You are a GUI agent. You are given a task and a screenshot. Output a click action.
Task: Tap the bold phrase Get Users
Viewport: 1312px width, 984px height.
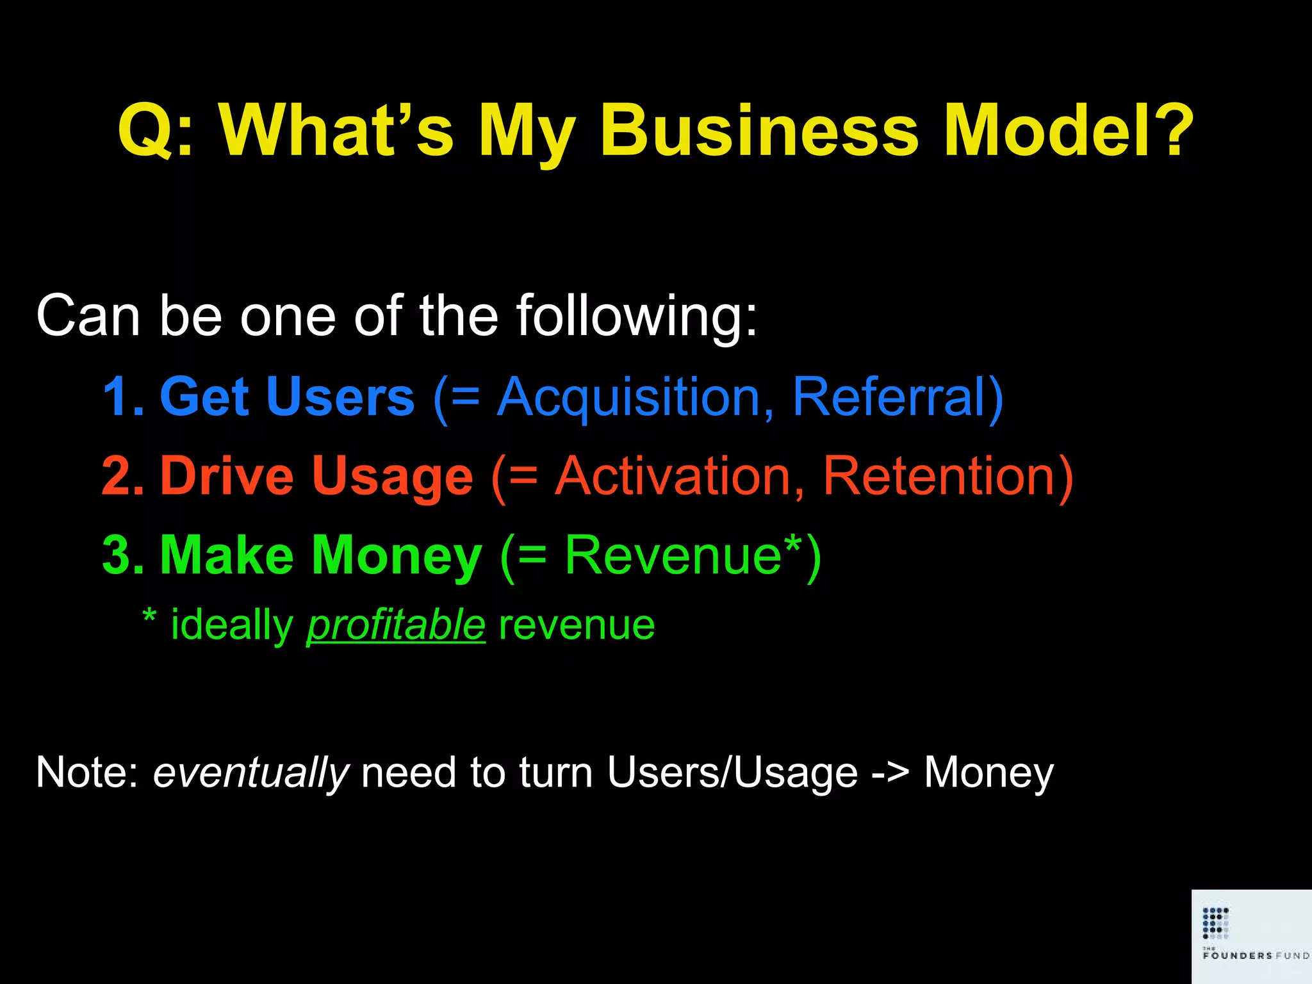(x=287, y=397)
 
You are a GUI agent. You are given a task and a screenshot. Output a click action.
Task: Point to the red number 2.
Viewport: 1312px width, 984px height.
(x=122, y=477)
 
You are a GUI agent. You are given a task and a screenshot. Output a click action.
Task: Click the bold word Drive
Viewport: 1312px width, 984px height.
(x=227, y=477)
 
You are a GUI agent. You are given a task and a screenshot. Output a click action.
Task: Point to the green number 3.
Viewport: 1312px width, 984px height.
(x=122, y=555)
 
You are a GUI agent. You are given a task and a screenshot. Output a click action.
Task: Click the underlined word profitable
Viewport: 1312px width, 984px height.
(x=396, y=626)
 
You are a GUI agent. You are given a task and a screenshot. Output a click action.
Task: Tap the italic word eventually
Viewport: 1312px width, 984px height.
(x=250, y=773)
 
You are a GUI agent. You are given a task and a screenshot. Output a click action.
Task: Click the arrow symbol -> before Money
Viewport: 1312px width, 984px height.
(x=890, y=773)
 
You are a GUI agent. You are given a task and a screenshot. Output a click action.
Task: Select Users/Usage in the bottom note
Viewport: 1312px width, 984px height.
(x=732, y=773)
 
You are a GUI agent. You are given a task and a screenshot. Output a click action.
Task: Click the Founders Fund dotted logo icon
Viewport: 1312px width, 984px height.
(x=1215, y=922)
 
